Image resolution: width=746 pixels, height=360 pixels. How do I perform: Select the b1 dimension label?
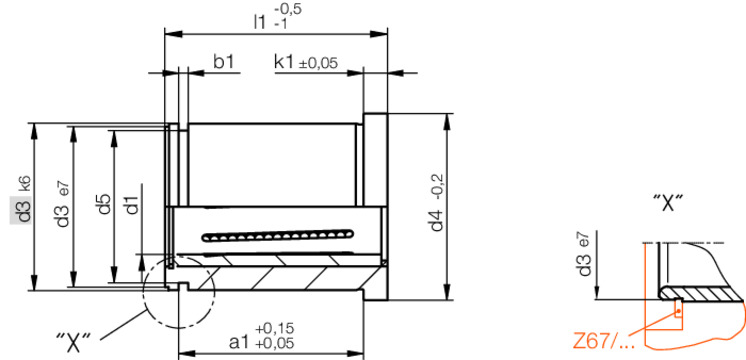tap(223, 62)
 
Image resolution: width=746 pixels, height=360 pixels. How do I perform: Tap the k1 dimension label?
tap(284, 62)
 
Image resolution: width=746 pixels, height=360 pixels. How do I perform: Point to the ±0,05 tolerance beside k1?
tap(318, 63)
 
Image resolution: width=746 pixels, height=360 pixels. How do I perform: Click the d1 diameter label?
tap(131, 205)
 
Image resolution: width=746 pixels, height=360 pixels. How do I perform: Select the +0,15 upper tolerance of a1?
tap(275, 329)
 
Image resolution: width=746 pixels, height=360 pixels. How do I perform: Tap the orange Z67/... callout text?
tap(603, 341)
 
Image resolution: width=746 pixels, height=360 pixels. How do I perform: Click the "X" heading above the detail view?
tap(667, 204)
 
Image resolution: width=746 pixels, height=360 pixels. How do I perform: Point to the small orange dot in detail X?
tap(679, 312)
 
